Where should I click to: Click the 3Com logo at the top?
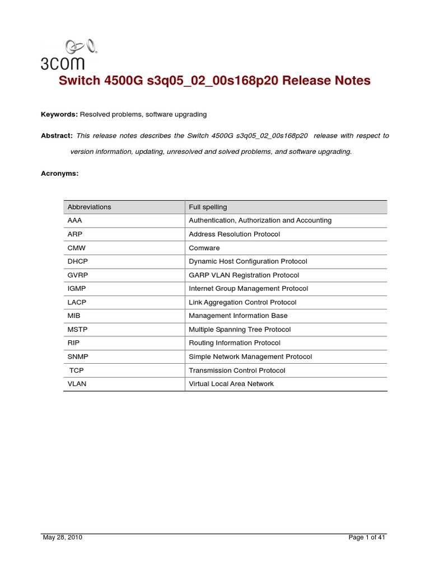click(68, 55)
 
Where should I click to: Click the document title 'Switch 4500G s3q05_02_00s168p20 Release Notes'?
click(215, 81)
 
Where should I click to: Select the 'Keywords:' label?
click(59, 114)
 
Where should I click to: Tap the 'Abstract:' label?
click(57, 135)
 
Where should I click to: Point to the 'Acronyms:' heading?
click(60, 173)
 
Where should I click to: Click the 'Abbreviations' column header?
click(89, 207)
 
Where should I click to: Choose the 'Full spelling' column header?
click(208, 207)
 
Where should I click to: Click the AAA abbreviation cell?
click(74, 220)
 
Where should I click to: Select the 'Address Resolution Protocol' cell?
click(234, 234)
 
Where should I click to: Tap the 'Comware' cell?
click(204, 248)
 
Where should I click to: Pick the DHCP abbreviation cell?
click(78, 261)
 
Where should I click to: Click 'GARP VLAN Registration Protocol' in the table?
click(244, 275)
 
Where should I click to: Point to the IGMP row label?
click(77, 289)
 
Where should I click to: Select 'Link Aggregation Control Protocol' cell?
click(242, 302)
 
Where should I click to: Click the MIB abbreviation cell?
click(74, 316)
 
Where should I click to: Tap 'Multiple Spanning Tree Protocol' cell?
click(240, 330)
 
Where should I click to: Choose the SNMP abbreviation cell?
click(78, 356)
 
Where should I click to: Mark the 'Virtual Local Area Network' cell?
click(231, 384)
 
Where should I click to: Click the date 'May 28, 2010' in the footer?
click(63, 538)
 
